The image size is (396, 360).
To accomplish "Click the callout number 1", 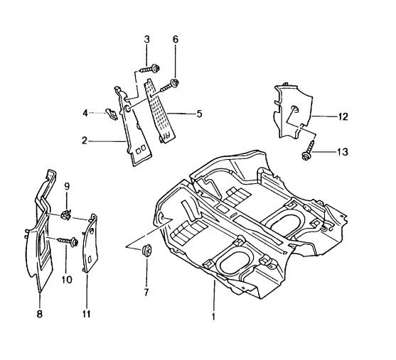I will pos(213,310).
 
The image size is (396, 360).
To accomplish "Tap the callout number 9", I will pos(67,187).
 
